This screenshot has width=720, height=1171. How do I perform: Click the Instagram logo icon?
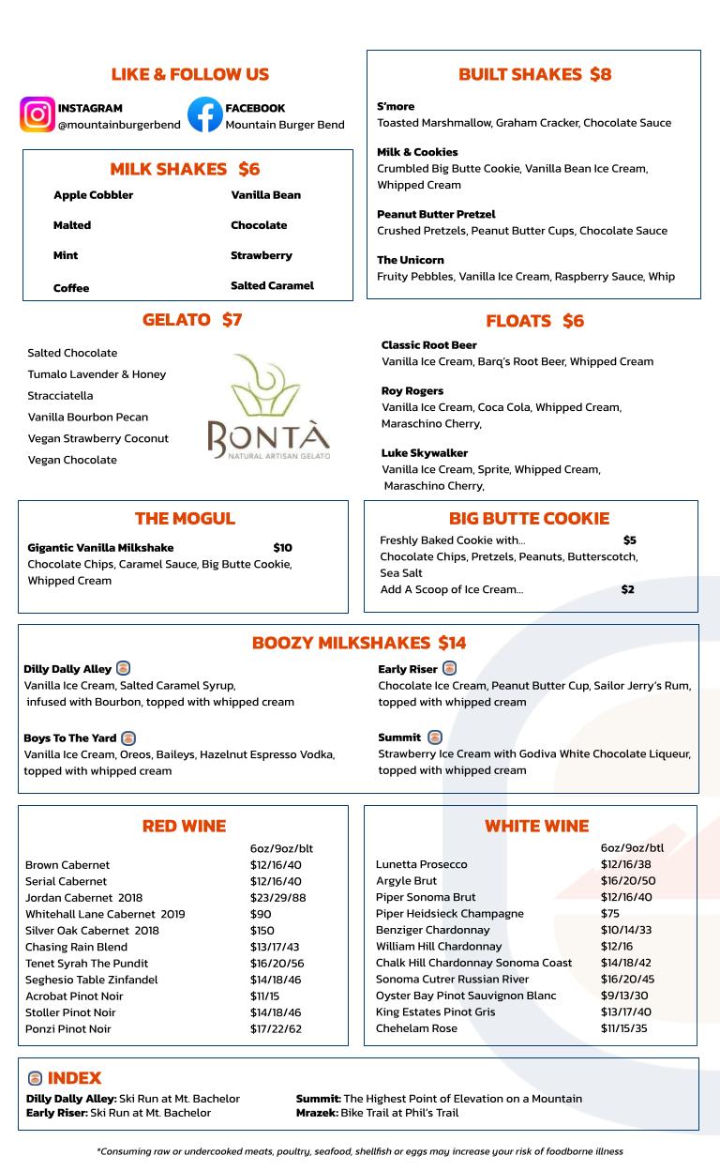click(37, 115)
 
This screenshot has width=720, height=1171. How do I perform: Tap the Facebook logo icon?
click(204, 115)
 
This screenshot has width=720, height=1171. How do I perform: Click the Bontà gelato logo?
click(268, 406)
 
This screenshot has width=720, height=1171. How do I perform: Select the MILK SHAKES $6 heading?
click(185, 169)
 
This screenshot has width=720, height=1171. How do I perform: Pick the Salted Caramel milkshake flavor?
click(272, 285)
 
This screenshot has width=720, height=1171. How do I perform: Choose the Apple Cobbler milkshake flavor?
click(93, 195)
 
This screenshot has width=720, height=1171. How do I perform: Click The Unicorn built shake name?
click(410, 260)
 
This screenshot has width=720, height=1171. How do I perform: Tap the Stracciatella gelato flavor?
click(60, 396)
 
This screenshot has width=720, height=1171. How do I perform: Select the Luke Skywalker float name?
click(424, 453)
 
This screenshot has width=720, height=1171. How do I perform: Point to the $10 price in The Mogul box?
click(282, 548)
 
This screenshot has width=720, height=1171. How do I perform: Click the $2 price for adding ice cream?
click(627, 589)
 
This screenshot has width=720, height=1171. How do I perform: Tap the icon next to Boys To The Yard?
click(128, 738)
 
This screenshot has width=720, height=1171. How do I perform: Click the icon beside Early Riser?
click(449, 669)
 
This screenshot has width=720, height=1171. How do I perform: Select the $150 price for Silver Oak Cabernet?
click(263, 931)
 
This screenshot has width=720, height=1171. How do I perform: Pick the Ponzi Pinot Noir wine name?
click(67, 1029)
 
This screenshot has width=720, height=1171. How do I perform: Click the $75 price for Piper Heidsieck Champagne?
click(609, 914)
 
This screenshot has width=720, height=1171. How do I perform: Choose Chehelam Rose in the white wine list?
click(416, 1028)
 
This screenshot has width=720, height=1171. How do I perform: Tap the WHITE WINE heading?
click(536, 827)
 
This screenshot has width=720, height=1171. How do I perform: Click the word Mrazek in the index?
click(316, 1113)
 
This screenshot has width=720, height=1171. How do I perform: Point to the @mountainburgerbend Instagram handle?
click(119, 125)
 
